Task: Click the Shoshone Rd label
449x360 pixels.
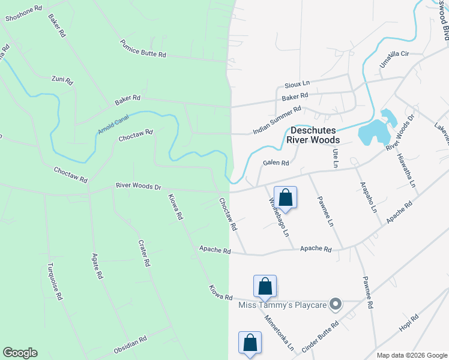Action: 24,14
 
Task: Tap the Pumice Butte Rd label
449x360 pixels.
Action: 142,48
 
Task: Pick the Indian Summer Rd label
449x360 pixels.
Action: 277,120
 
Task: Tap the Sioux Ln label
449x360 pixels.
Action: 297,83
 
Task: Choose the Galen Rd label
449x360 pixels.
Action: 276,163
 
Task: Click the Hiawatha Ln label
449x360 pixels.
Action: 406,170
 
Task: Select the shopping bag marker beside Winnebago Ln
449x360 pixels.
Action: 285,197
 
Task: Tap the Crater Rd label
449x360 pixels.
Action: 143,253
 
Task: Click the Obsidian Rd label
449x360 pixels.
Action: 130,344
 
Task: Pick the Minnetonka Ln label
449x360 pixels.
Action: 280,334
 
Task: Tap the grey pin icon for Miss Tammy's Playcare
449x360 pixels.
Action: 337,305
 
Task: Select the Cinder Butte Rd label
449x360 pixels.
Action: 321,337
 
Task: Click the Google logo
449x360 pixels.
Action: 20,353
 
